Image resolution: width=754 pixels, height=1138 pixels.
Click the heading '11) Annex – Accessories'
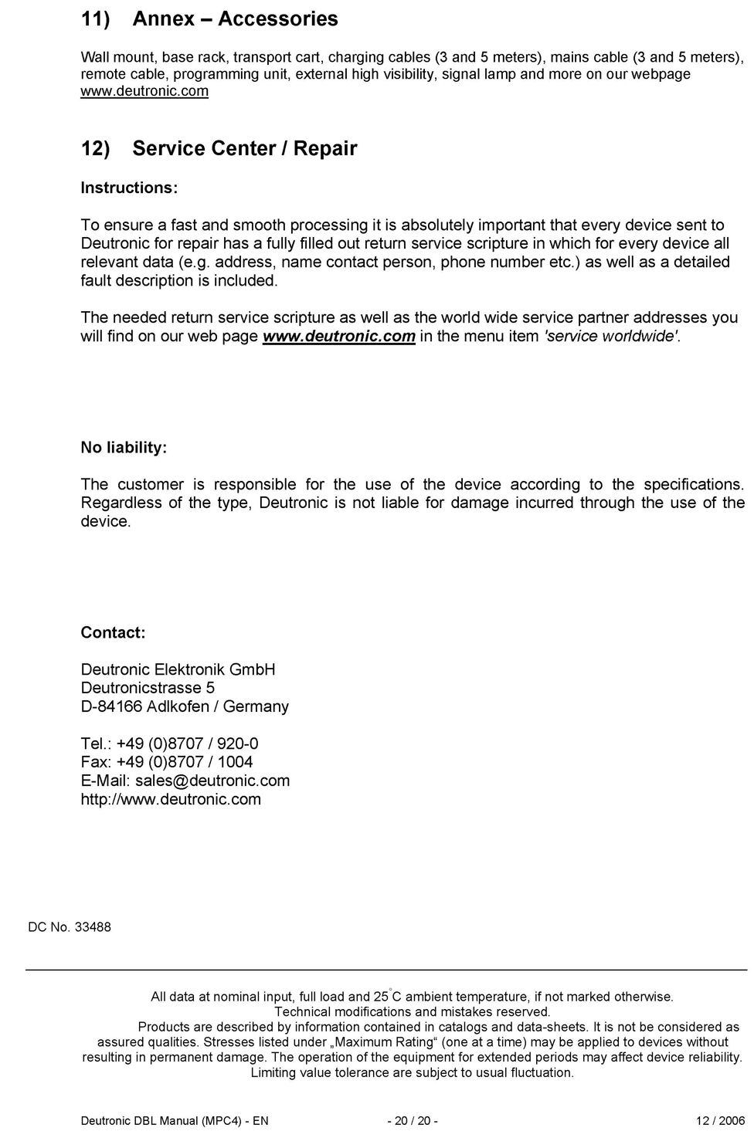coord(209,19)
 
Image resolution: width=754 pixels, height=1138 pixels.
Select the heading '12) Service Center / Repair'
coord(219,148)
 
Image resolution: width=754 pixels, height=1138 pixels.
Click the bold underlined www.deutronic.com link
coord(339,336)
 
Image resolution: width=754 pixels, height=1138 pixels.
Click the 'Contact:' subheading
coord(113,632)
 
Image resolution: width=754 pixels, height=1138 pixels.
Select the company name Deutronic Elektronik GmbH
coord(178,669)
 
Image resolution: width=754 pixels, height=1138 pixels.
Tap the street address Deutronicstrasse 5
coord(148,688)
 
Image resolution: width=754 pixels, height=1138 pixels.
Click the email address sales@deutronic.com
coord(212,781)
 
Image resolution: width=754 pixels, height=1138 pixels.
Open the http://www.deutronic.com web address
coord(171,799)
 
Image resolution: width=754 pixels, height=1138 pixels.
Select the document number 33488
coord(93,927)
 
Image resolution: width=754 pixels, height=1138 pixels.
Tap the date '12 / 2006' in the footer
coord(720,1121)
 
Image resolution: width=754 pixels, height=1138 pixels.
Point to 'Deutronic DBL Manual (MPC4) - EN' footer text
coord(175,1121)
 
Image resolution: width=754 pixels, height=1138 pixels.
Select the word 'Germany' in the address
coord(256,706)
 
